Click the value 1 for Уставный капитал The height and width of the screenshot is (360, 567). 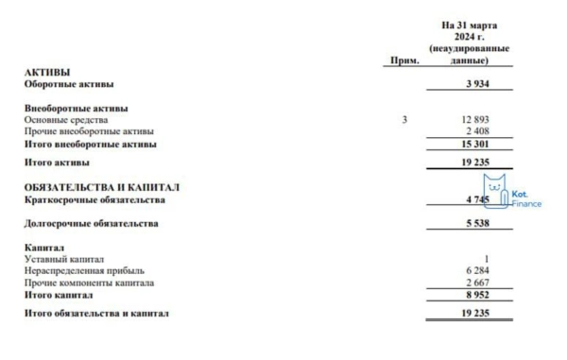tap(485, 259)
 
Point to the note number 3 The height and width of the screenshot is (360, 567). tap(404, 120)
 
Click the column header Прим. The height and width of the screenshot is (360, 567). tap(404, 60)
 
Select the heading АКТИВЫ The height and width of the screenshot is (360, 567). tap(46, 72)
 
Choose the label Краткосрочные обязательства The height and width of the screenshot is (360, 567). tap(94, 199)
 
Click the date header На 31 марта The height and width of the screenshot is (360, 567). tap(470, 25)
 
